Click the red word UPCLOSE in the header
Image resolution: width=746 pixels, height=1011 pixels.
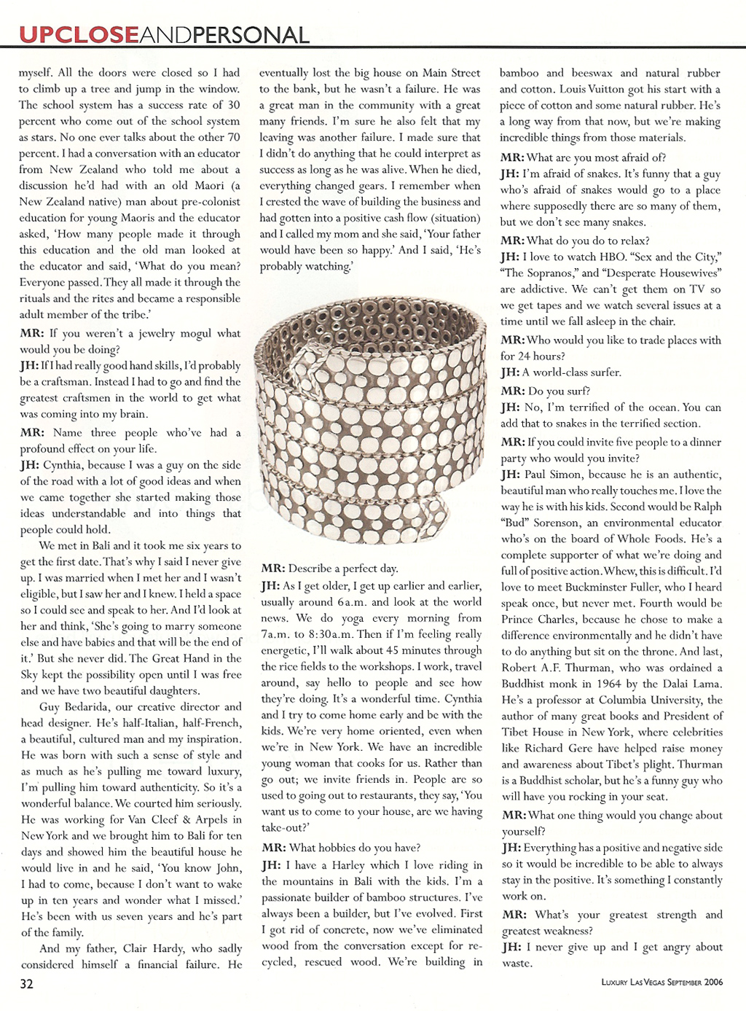tap(78, 34)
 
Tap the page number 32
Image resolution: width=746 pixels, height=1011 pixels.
tap(26, 983)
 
